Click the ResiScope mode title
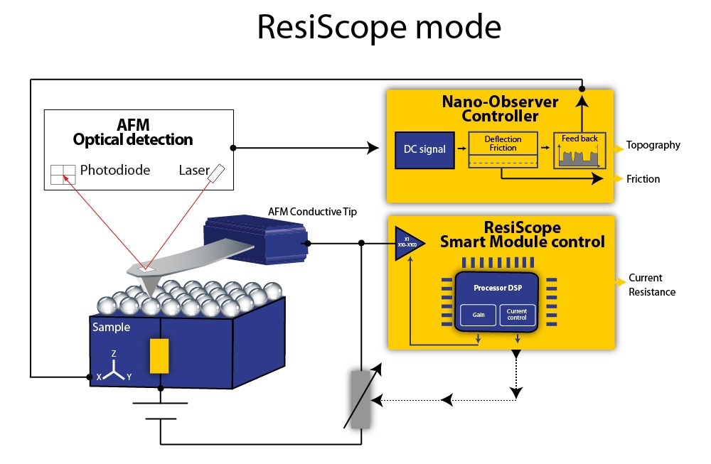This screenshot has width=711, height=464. (378, 28)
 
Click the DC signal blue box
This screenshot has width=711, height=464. (424, 149)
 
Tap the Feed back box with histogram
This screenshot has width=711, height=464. (579, 150)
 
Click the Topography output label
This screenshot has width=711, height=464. (653, 146)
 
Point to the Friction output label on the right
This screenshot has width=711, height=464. (643, 179)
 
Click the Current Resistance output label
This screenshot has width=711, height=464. (651, 285)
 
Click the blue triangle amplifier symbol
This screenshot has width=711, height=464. (407, 244)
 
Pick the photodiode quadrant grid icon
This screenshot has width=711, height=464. (63, 173)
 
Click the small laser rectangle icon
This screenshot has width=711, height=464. (217, 173)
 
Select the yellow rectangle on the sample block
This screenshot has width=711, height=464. (159, 355)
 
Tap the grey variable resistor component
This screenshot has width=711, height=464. (361, 398)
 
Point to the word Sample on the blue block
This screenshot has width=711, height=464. (111, 328)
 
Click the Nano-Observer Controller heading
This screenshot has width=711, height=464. (500, 109)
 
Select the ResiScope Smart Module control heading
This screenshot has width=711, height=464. (522, 235)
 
